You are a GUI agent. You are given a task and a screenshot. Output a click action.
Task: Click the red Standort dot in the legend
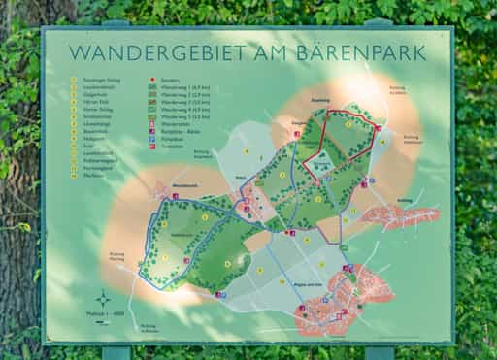point(151,81)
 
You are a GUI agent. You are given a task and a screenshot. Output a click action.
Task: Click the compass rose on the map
point(103,297)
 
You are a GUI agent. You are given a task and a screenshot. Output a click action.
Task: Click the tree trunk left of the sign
point(17,194)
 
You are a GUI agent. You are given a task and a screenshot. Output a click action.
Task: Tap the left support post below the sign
point(116,352)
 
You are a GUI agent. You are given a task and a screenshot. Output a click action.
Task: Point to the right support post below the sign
point(379,352)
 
